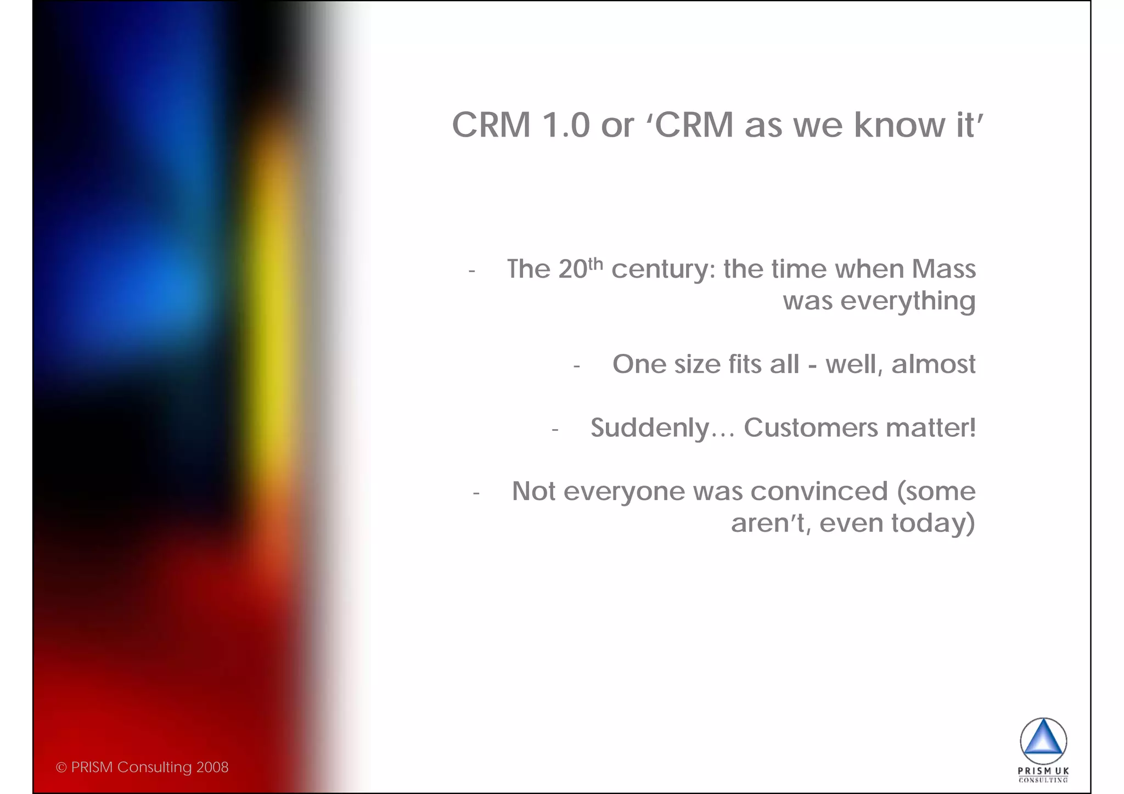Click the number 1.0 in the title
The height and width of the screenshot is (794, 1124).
tap(565, 125)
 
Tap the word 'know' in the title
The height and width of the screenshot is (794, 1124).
tap(898, 125)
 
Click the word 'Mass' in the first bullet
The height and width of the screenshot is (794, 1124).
tap(943, 269)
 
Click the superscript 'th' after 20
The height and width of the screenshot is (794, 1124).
tap(595, 264)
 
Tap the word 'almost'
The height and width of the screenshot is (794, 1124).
tap(933, 364)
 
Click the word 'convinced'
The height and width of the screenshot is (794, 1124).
tap(819, 491)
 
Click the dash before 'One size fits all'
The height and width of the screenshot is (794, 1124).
tap(576, 366)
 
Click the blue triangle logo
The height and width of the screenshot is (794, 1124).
tap(1043, 741)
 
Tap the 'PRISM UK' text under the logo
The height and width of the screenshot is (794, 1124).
tap(1043, 771)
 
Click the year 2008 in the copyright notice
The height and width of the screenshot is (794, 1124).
tap(212, 767)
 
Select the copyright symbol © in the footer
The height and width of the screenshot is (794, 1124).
tap(61, 768)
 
